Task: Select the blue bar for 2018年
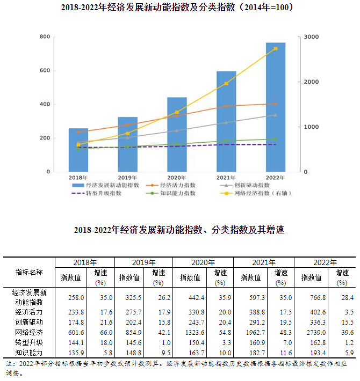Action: (x=78, y=156)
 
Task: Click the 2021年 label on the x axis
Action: (x=226, y=178)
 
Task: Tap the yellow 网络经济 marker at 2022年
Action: (x=276, y=49)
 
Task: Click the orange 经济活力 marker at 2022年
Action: (x=276, y=104)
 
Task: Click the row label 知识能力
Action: (x=29, y=353)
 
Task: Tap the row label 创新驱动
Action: (x=29, y=322)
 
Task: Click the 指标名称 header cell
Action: (x=29, y=272)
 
